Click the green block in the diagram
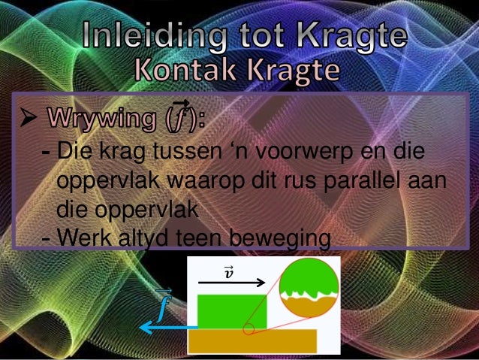coord(231,311)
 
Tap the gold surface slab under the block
coord(252,340)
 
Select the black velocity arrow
coord(232,283)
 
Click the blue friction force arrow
coord(169,328)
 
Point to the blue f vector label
coord(164,303)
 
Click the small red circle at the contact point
coord(249,328)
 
